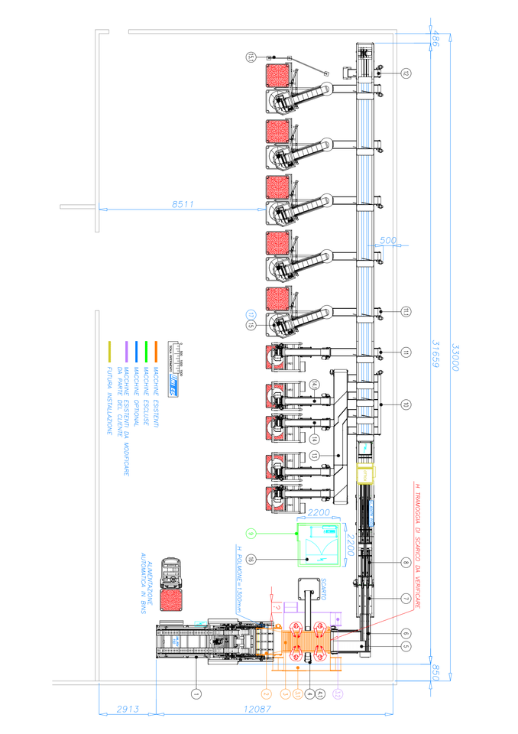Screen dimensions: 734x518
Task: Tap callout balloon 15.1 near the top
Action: pyautogui.click(x=251, y=57)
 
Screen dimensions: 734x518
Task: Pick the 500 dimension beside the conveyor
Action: pyautogui.click(x=388, y=241)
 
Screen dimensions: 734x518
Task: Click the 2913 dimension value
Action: pyautogui.click(x=127, y=709)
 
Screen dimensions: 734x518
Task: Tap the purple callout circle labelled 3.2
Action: pyautogui.click(x=338, y=693)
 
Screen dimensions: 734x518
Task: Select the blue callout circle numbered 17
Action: pyautogui.click(x=250, y=314)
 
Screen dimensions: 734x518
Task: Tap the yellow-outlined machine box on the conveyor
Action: pyautogui.click(x=366, y=476)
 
